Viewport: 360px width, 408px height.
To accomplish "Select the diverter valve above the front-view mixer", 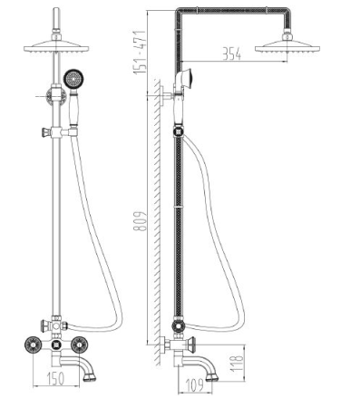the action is tap(56, 325).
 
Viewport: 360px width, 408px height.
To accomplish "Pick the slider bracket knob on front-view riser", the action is tap(44, 132).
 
